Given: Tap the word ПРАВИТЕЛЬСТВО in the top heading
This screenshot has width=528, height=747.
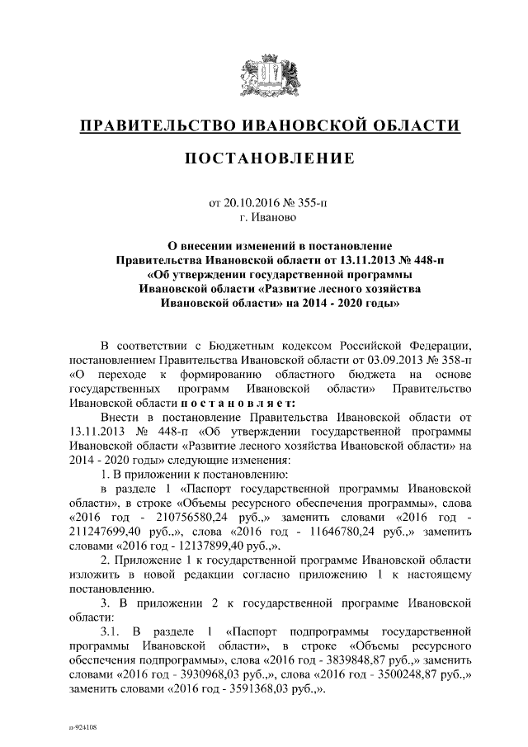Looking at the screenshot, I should [157, 125].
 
